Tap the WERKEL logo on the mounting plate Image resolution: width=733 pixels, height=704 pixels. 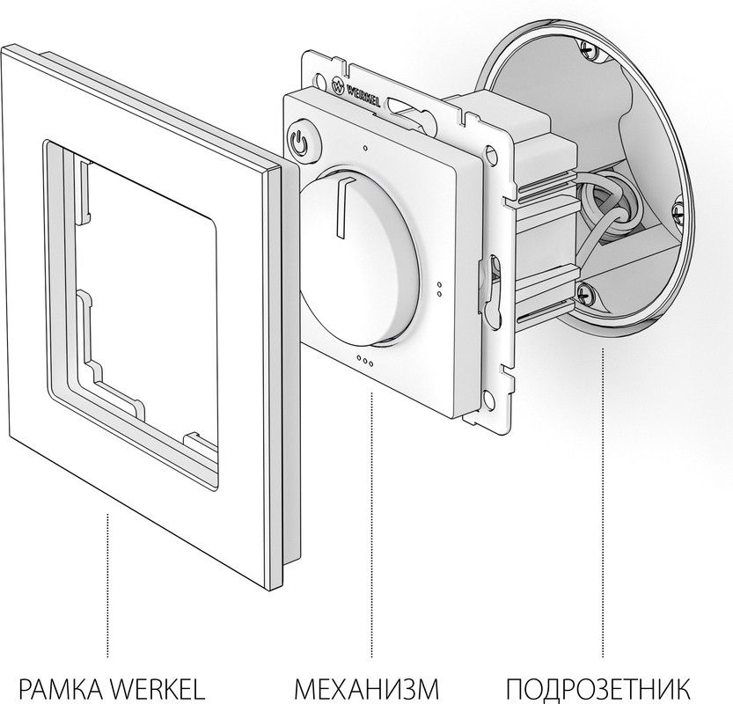click(356, 91)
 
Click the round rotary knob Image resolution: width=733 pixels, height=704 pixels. click(359, 258)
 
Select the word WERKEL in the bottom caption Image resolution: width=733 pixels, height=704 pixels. click(159, 688)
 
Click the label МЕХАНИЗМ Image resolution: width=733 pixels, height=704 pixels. click(366, 688)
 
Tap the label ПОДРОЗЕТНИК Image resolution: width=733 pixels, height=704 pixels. click(597, 688)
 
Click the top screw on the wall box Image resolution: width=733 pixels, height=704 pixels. click(588, 49)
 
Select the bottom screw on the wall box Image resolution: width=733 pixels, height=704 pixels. click(585, 293)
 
